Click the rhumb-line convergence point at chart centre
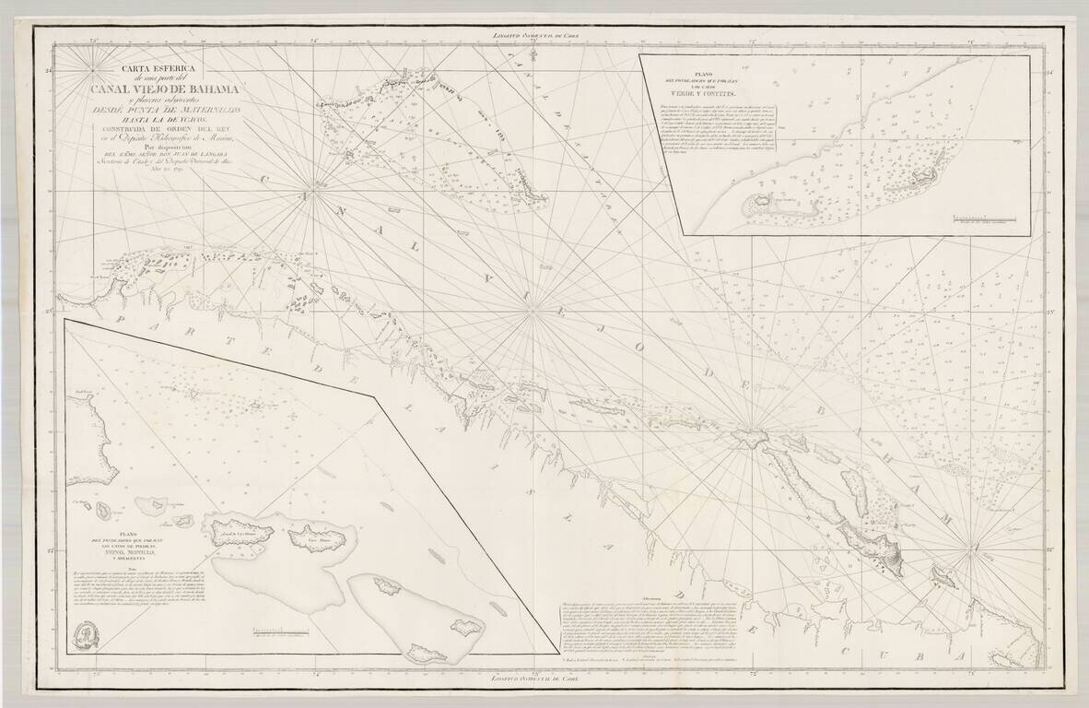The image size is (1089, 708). click(x=533, y=313)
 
